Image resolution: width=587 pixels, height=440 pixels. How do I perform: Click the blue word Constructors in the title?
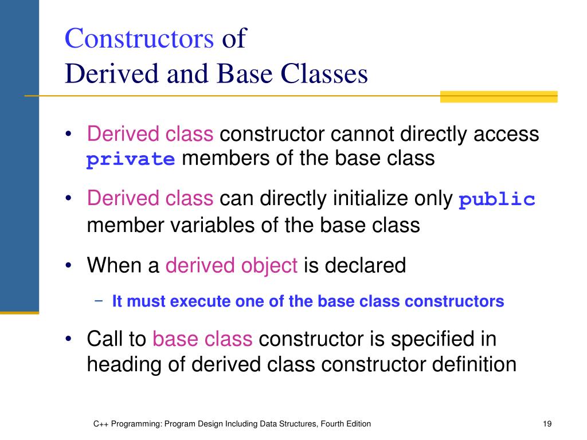click(139, 39)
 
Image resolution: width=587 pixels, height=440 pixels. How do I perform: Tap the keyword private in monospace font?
click(131, 159)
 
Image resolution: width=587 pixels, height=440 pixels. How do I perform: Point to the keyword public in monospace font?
click(497, 199)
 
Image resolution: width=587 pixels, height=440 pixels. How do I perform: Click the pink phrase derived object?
click(232, 266)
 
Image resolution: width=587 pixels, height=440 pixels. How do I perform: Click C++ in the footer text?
click(101, 424)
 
